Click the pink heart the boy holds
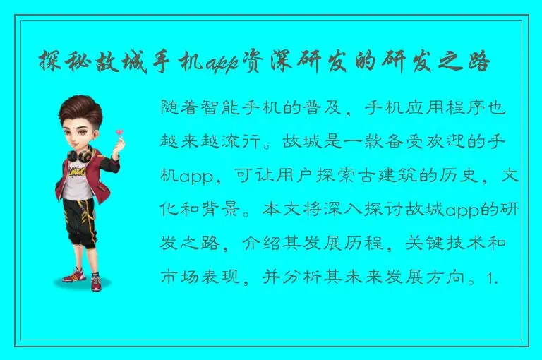coord(119,132)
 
